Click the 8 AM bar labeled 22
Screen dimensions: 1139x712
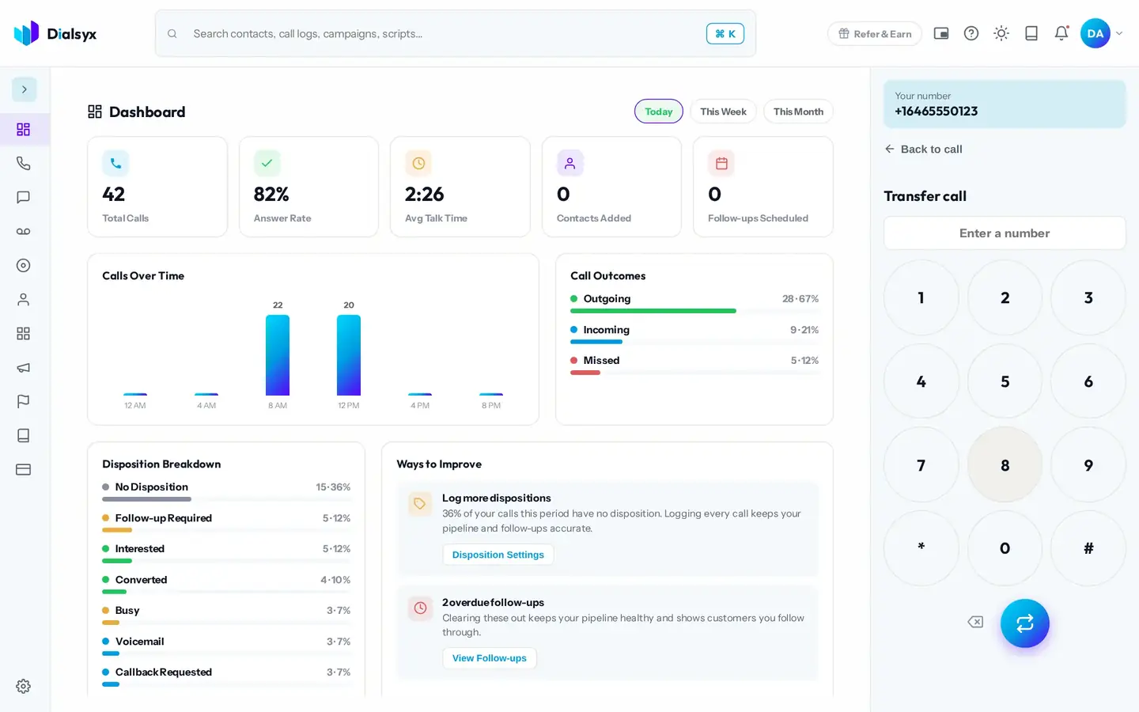pyautogui.click(x=278, y=355)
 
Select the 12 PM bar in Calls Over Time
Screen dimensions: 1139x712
pyautogui.click(x=349, y=355)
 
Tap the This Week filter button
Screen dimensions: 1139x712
pyautogui.click(x=723, y=112)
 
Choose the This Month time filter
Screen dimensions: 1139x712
pyautogui.click(x=798, y=112)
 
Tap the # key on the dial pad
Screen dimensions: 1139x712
pyautogui.click(x=1088, y=548)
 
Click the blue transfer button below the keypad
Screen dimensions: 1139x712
pyautogui.click(x=1024, y=623)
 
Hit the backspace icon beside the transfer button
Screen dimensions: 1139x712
pyautogui.click(x=975, y=622)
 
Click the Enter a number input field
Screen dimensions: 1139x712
pyautogui.click(x=1005, y=233)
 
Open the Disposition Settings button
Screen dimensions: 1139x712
pyautogui.click(x=498, y=555)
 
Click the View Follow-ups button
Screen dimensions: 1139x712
pyautogui.click(x=489, y=658)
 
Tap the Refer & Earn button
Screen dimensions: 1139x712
pyautogui.click(x=875, y=33)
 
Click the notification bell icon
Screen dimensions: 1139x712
pyautogui.click(x=1061, y=33)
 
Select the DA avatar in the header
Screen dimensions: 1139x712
pyautogui.click(x=1095, y=33)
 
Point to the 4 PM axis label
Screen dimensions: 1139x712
pyautogui.click(x=420, y=405)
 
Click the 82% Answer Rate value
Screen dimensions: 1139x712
pyautogui.click(x=271, y=195)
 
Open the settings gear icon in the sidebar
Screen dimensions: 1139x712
pyautogui.click(x=24, y=686)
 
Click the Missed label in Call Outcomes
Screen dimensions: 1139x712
pyautogui.click(x=601, y=361)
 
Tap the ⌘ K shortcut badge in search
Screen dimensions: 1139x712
pyautogui.click(x=725, y=33)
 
